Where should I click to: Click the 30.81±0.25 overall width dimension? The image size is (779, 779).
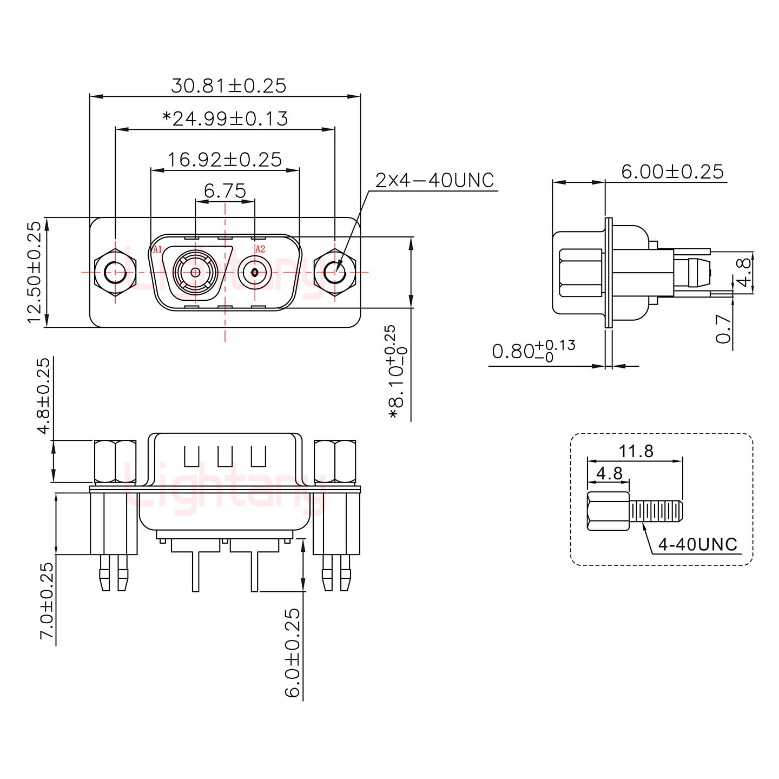coord(228,86)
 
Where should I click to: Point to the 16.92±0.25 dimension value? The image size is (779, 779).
coord(225,160)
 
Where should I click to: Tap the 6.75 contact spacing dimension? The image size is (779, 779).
coord(225,191)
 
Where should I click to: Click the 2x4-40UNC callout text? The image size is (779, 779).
coord(435,181)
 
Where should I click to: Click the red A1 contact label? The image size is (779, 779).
coord(157,249)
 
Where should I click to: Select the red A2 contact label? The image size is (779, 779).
coord(260,249)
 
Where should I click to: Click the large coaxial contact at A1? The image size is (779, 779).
coord(195,272)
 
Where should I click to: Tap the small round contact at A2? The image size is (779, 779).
coord(254,272)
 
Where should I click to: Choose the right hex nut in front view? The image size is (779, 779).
coord(335,272)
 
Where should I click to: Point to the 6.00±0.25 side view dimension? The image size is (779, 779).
coord(672,172)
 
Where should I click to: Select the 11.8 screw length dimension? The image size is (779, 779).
coord(636,451)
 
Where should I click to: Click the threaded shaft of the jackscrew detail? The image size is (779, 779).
coord(656,511)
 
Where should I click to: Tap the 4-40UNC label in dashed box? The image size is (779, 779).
coord(698,544)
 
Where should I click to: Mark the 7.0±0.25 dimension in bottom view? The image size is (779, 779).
coord(47,600)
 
